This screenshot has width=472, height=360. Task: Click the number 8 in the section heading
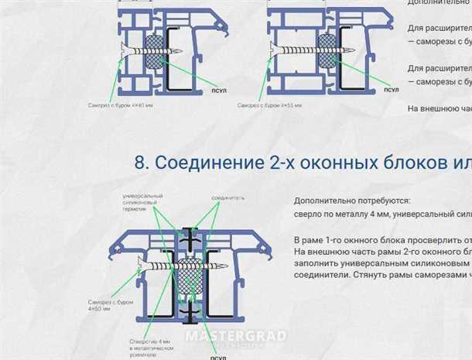click(x=140, y=163)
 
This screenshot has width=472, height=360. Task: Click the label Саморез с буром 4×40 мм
click(x=121, y=105)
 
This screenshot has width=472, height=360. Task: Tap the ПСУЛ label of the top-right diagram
click(x=391, y=90)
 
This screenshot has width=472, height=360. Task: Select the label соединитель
click(x=228, y=198)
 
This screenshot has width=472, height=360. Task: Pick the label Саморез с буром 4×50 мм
click(x=103, y=305)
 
